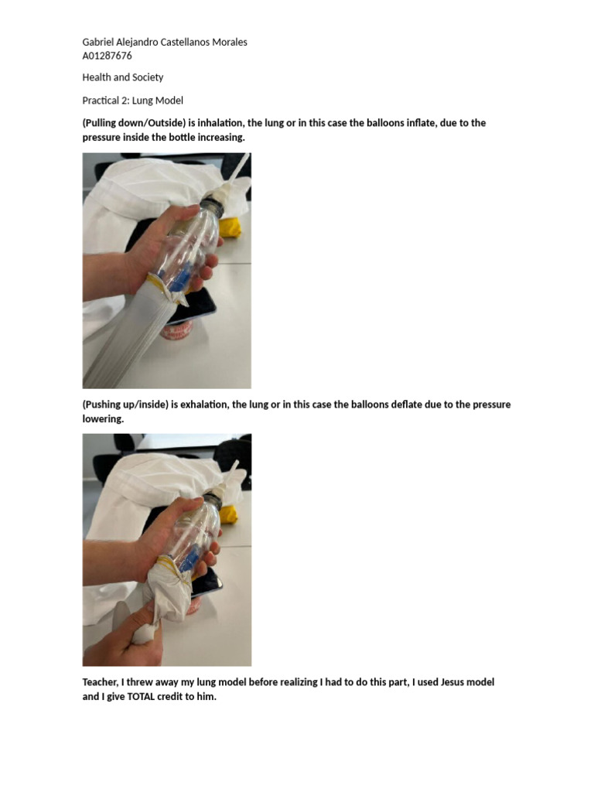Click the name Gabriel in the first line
(99, 42)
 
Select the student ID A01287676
(107, 56)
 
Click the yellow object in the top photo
(232, 226)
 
